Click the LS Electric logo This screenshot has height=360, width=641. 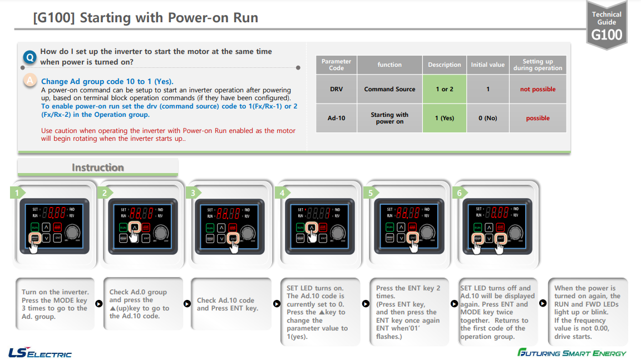coord(40,353)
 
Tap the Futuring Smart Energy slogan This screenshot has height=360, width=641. coord(571,353)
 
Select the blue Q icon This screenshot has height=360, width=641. coord(30,57)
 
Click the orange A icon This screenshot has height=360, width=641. coord(30,81)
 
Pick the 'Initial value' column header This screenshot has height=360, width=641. coord(487,65)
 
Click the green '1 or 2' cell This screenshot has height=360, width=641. coord(444,89)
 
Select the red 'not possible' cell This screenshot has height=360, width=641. coord(538,89)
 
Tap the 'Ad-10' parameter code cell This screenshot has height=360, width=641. coord(336,118)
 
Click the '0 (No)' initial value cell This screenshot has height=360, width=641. coord(487,118)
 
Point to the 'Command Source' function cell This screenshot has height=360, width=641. coord(389,89)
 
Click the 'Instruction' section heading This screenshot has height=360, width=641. coord(97,167)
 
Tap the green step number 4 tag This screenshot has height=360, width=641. coord(282,193)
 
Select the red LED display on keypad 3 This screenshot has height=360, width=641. coord(229,212)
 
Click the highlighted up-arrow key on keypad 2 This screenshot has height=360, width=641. coord(135,227)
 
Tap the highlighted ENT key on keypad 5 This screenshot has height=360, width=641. coord(412,238)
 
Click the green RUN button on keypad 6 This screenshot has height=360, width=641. coord(477,227)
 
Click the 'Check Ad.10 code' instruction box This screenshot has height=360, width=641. coord(227,304)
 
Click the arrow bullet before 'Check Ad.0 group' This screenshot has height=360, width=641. coord(99,304)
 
